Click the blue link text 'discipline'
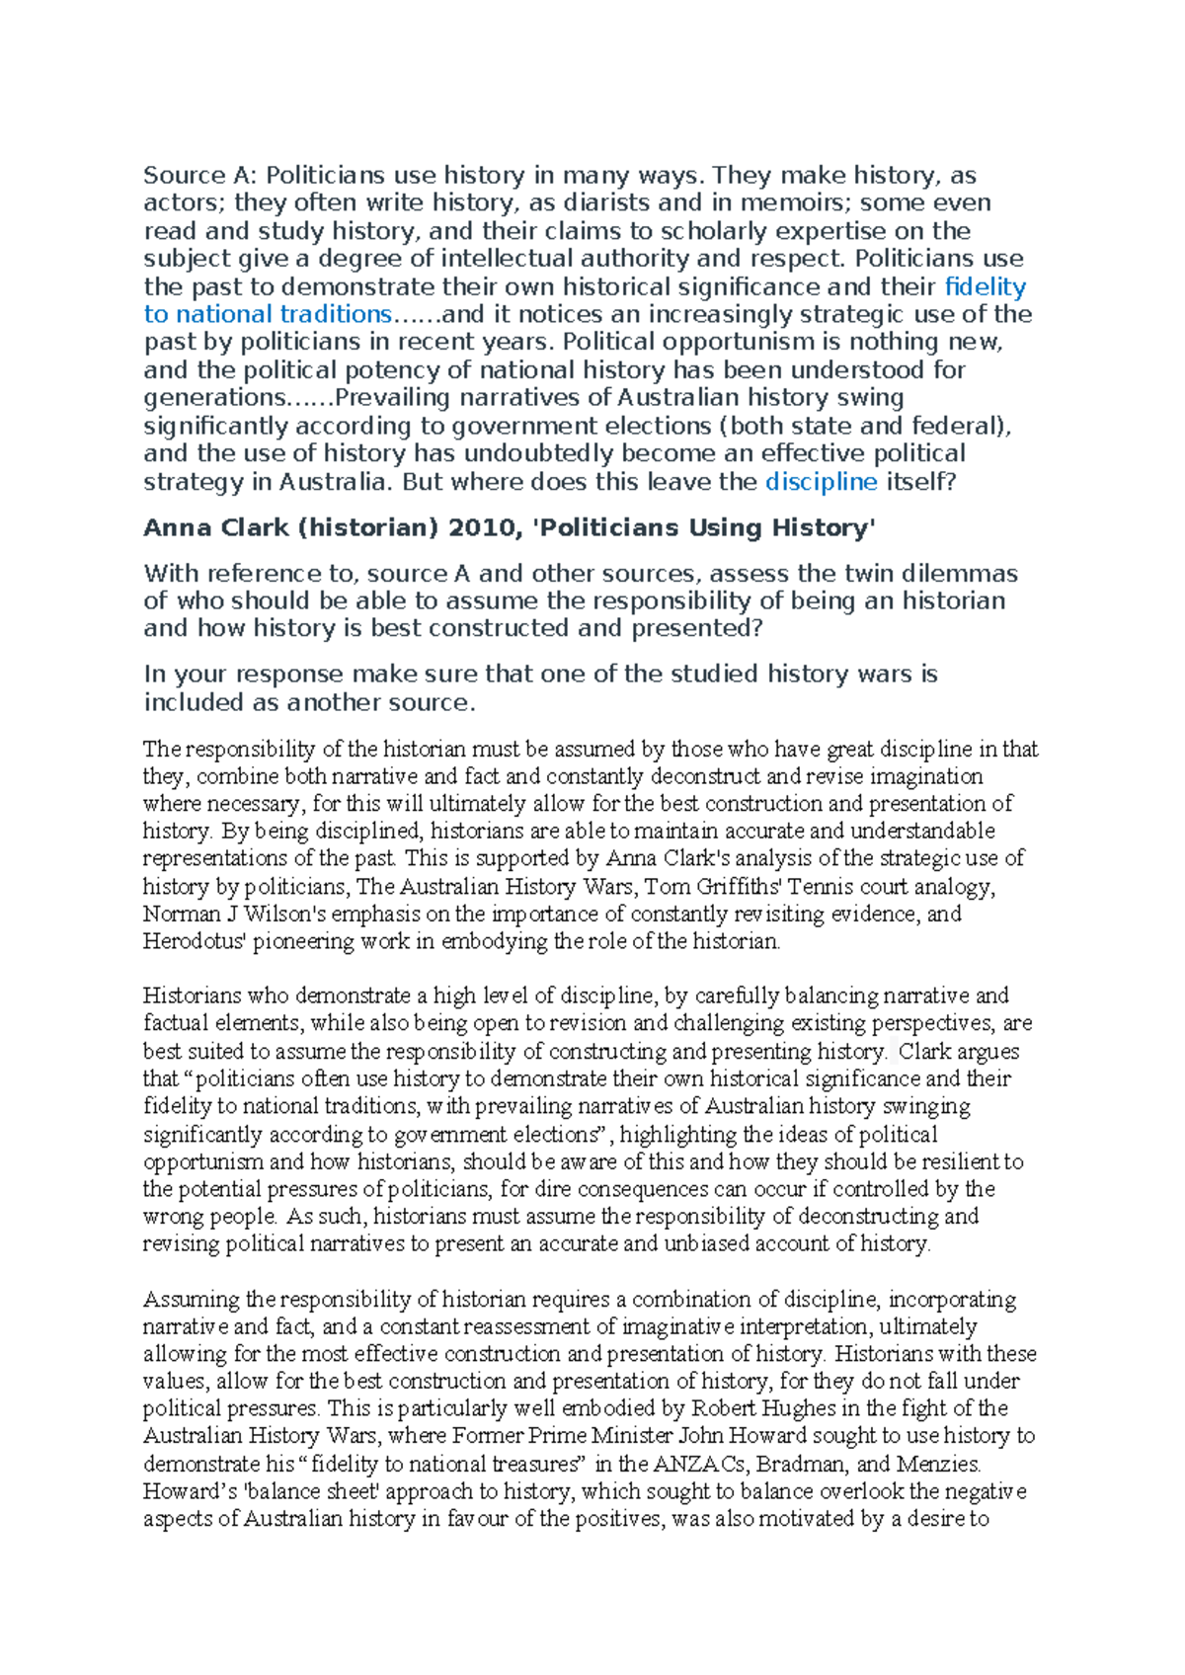[x=821, y=482]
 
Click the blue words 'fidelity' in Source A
[x=985, y=287]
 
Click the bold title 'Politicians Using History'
[x=704, y=528]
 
